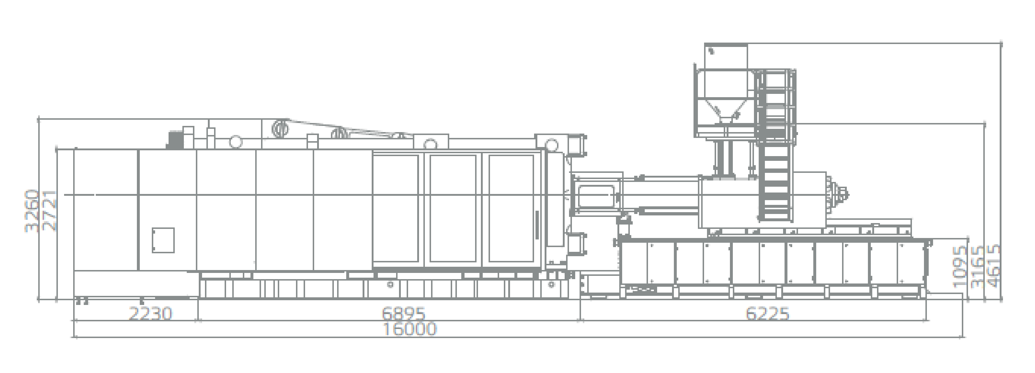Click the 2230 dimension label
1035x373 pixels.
click(150, 314)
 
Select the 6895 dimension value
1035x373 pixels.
click(403, 314)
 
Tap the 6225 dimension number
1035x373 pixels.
click(767, 314)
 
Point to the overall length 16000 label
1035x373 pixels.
click(410, 329)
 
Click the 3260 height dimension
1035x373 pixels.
click(32, 211)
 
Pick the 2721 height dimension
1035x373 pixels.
click(50, 211)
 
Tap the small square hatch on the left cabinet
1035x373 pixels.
click(163, 240)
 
